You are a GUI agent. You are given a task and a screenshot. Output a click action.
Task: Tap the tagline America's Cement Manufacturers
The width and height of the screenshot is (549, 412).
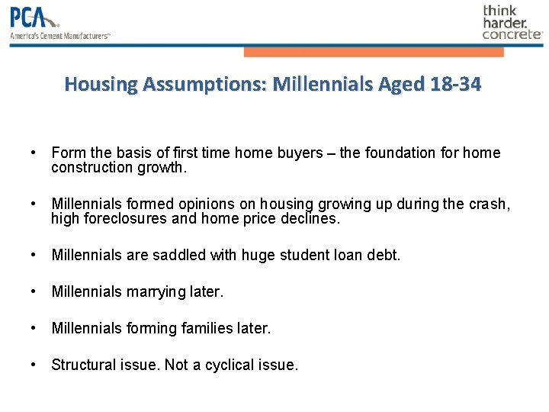59,36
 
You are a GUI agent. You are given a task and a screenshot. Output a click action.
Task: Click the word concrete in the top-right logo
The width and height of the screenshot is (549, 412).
512,34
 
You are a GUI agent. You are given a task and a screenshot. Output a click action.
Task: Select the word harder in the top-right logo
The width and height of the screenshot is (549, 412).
504,23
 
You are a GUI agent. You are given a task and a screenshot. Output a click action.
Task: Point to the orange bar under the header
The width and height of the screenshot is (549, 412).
374,52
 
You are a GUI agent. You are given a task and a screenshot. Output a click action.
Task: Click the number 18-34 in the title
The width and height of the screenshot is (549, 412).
455,84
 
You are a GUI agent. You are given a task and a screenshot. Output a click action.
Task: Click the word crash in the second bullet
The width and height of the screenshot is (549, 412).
491,204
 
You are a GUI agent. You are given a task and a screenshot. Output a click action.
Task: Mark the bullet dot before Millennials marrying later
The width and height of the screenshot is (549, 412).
34,291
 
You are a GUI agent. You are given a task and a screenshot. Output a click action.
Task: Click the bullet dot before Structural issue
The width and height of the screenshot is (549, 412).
34,365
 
